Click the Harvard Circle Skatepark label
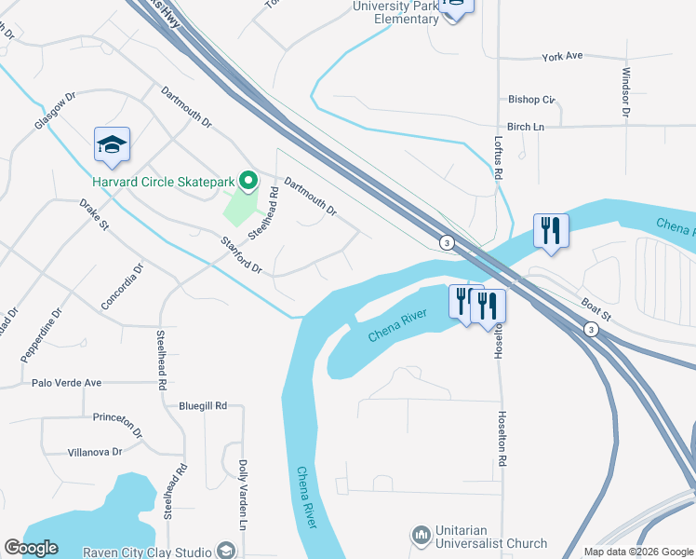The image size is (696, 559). pos(163,181)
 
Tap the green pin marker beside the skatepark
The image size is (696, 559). pos(248,180)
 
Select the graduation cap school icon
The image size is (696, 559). pos(112,145)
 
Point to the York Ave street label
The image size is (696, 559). pos(562,56)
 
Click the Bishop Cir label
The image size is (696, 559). pos(531,99)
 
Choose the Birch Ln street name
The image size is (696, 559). pos(525,127)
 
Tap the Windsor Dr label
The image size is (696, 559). pos(626,91)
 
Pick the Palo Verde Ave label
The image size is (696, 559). pos(66,383)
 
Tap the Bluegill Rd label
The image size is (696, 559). pos(203,406)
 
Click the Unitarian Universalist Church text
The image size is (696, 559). pos(492,537)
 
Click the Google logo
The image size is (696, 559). pos(31,548)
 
